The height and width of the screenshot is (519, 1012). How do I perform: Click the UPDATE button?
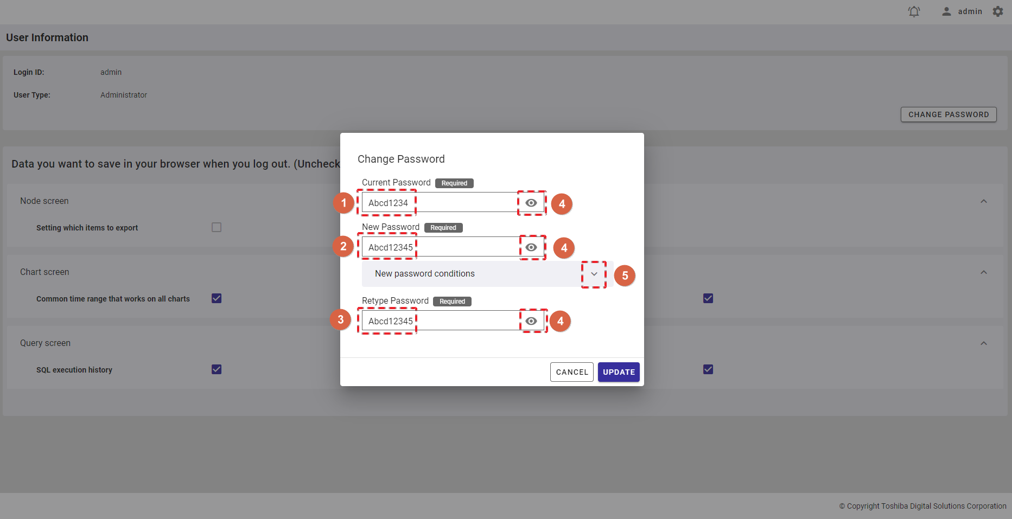pos(619,372)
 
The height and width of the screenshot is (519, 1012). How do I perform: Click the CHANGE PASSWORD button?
pos(949,114)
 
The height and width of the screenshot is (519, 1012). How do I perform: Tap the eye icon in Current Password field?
pos(531,203)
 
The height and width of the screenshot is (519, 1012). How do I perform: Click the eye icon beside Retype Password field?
pos(531,321)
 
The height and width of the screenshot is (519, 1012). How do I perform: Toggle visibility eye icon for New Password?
pos(531,247)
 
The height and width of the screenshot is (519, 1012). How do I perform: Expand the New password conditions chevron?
pos(594,274)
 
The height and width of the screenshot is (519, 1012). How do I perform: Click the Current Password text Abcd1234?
pos(388,203)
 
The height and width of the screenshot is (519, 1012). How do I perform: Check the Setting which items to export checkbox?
pos(217,227)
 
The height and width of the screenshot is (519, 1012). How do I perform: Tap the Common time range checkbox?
pos(217,298)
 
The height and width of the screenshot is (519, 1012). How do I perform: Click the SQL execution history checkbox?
pos(217,369)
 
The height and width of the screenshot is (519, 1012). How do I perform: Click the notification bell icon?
pos(914,11)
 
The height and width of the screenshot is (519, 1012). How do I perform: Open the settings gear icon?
pos(998,11)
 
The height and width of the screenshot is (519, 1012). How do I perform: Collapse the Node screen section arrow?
pos(984,201)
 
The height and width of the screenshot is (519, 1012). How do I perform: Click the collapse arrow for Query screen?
pos(984,343)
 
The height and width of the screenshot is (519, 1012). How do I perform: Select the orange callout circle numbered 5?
pos(625,275)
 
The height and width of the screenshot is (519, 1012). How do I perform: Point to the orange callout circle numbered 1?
pos(343,203)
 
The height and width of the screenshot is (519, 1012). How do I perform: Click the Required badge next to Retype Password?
pos(452,302)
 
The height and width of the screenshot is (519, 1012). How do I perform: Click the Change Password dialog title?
pos(401,159)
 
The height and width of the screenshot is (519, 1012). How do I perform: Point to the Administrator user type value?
pos(124,95)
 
